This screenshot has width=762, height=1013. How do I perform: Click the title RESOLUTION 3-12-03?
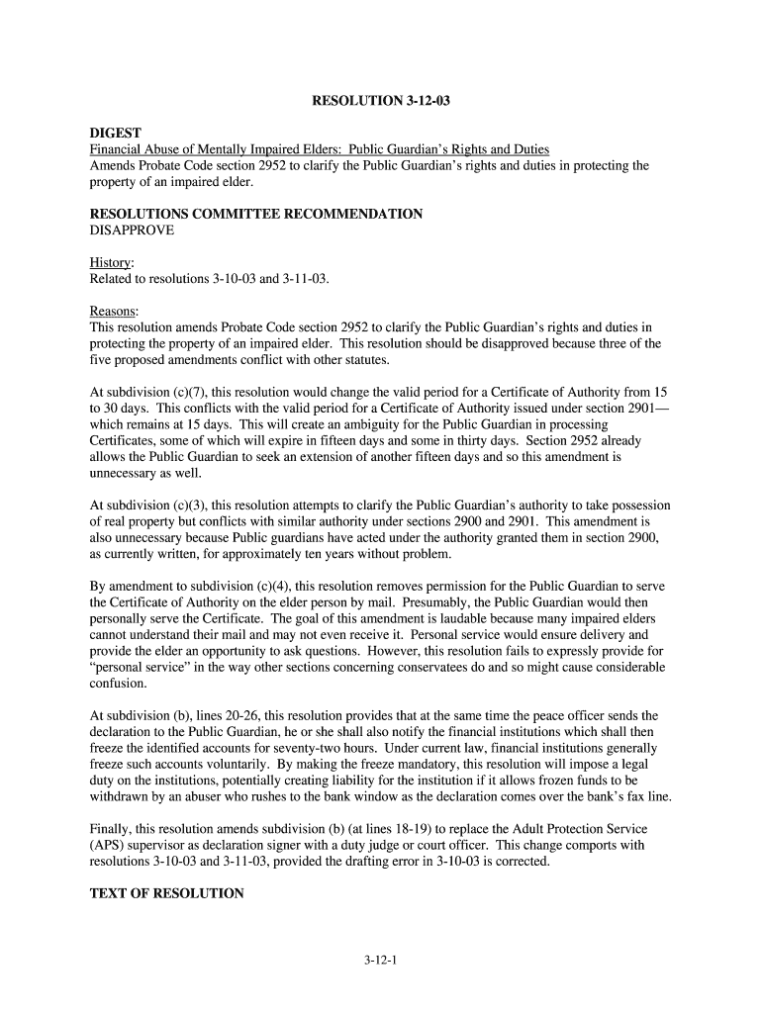click(x=381, y=101)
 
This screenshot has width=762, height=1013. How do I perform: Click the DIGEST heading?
click(x=116, y=133)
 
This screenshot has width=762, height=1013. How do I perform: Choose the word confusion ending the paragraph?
click(x=118, y=683)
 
